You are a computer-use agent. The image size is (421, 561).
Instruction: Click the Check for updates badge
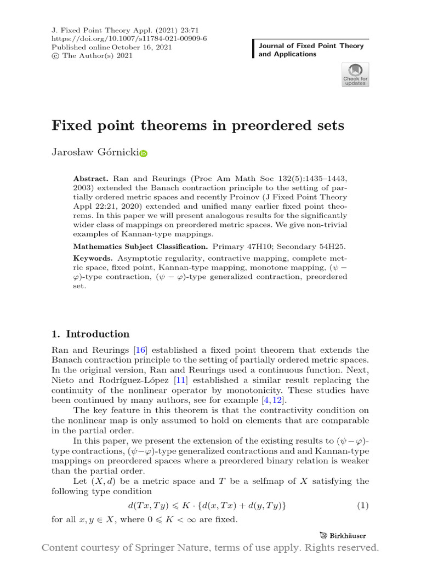[x=355, y=75]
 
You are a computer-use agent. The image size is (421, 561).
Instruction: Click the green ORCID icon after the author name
[x=143, y=155]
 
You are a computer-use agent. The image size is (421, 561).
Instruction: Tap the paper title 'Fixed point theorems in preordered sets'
[x=198, y=125]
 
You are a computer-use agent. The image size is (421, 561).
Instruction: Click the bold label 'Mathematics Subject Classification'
[x=141, y=247]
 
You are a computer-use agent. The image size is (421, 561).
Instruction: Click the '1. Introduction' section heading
[x=90, y=334]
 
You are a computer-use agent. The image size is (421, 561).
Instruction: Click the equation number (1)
[x=363, y=506]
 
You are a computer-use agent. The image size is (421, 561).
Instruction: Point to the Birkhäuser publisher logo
[x=343, y=536]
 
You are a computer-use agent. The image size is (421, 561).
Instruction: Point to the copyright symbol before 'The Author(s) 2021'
[x=55, y=56]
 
